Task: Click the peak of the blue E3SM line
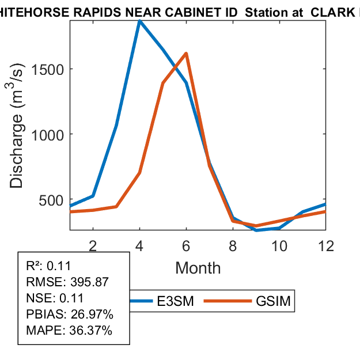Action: [x=139, y=21]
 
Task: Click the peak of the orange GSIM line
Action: [x=186, y=54]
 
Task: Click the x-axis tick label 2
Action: [x=93, y=245]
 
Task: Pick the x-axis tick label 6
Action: [x=186, y=245]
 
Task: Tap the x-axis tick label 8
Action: [x=233, y=245]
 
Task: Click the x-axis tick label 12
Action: [x=326, y=245]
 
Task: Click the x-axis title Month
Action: [x=198, y=267]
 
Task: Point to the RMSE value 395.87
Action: [x=90, y=282]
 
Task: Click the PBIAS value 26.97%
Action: [x=90, y=314]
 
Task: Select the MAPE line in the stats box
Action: [x=69, y=331]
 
